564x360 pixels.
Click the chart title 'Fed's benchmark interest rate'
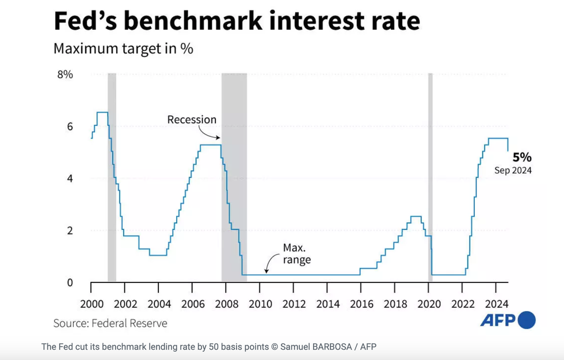[237, 21]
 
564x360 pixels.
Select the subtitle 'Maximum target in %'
[123, 48]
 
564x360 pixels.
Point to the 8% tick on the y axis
[64, 74]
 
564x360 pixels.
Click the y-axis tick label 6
[70, 127]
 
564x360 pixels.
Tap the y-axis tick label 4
[70, 178]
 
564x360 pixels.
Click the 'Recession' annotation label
[192, 120]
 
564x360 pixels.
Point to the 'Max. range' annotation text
[296, 254]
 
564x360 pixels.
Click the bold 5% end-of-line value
[522, 157]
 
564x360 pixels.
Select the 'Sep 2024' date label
[513, 170]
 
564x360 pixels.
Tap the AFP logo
[508, 320]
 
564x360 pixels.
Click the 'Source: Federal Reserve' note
[110, 323]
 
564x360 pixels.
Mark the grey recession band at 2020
[430, 173]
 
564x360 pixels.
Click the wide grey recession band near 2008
[234, 173]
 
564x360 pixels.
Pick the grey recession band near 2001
[112, 173]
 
